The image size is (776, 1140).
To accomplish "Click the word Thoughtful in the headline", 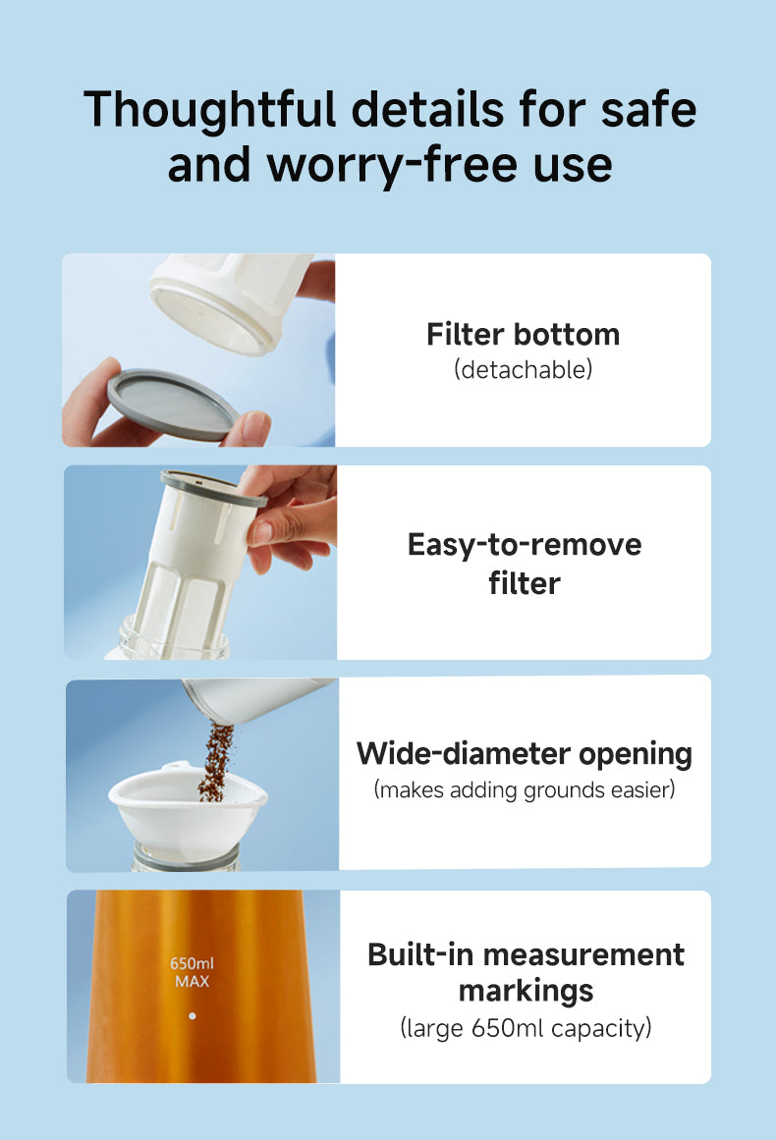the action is point(210,111).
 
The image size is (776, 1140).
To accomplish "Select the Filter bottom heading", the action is point(523,335).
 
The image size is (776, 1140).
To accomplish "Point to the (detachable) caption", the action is point(523,370).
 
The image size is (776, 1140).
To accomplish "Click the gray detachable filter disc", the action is point(172,405).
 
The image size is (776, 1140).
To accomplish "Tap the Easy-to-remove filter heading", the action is point(525,564).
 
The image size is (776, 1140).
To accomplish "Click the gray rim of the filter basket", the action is point(214,488).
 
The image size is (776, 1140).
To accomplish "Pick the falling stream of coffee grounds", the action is point(216,761).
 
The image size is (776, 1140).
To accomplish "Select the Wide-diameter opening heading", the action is point(525,754).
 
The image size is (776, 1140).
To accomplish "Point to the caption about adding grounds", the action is point(525,789).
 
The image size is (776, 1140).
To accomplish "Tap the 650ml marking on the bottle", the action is point(192,963).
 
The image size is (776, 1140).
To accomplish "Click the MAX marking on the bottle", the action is point(192,982).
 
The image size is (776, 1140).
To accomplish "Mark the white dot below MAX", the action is point(192,1015).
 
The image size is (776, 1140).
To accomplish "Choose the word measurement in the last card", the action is point(584,954).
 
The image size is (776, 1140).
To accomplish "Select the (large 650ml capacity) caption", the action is point(526,1028).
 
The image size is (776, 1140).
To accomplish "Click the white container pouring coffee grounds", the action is point(258,700).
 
